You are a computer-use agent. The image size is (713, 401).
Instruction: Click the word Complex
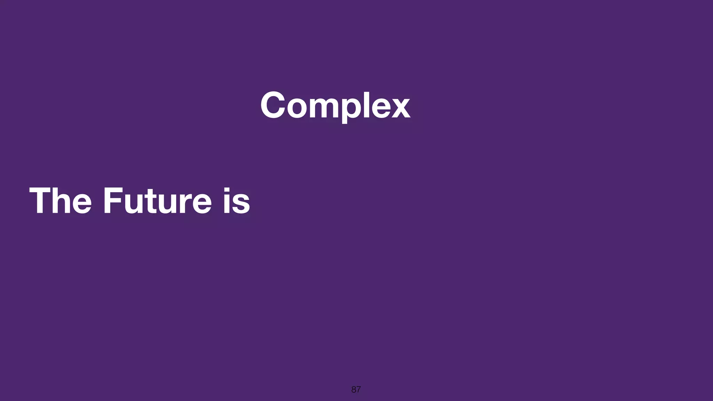[335, 105]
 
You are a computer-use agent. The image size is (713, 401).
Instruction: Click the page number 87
[356, 390]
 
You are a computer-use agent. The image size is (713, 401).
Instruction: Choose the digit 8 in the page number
[354, 390]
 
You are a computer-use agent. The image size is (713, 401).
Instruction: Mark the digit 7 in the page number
[358, 390]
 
